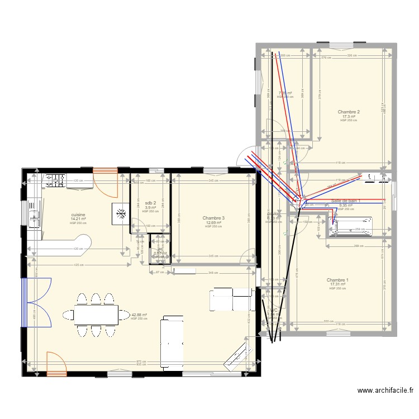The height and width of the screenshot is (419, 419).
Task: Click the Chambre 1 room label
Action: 337,280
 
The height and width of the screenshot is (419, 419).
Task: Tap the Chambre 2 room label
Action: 349,112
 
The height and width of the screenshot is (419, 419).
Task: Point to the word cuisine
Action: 78,214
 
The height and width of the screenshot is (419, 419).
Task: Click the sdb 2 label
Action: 150,203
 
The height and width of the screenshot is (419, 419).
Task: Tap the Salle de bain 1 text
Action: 345,201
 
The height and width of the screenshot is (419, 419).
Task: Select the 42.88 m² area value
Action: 139,315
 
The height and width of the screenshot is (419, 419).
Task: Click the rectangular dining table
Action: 96,315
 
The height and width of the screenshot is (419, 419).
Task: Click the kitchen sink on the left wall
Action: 34,215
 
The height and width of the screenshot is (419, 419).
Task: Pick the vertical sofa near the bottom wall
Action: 170,341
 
